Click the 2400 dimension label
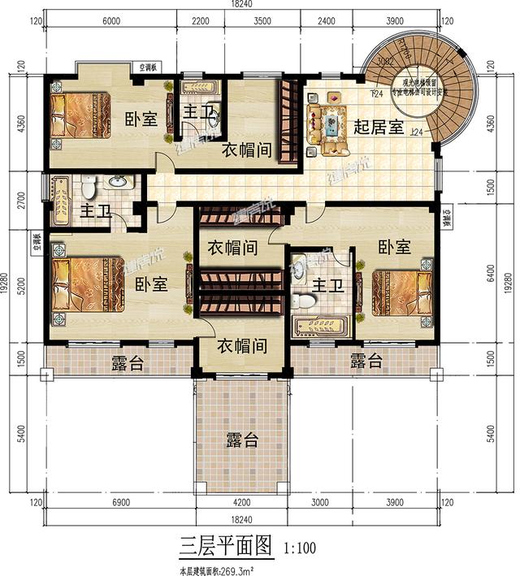327,24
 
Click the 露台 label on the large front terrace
242,440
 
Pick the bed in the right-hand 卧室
401,296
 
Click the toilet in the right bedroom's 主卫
306,300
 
